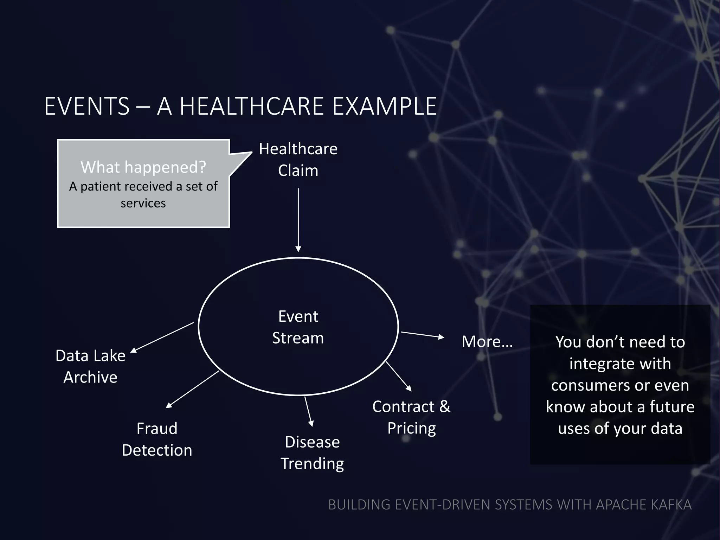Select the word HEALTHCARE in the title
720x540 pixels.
pos(252,106)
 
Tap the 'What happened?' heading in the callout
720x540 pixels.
pos(143,167)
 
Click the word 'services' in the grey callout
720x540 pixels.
pos(143,203)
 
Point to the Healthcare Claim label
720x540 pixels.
pos(298,160)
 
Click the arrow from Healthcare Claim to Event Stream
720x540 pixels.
pos(298,220)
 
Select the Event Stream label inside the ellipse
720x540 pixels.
pos(298,327)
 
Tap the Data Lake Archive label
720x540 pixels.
pos(90,366)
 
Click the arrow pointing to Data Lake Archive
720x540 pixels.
pos(162,337)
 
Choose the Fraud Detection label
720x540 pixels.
pos(157,439)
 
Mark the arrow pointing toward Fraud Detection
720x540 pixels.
pos(192,389)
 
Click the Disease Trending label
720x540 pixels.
pos(312,452)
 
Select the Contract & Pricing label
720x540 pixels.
pos(411,417)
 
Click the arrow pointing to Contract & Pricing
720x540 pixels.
pos(399,376)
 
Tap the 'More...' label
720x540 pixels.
pos(487,341)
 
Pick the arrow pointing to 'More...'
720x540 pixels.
pos(422,335)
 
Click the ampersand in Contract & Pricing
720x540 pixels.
pos(445,406)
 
